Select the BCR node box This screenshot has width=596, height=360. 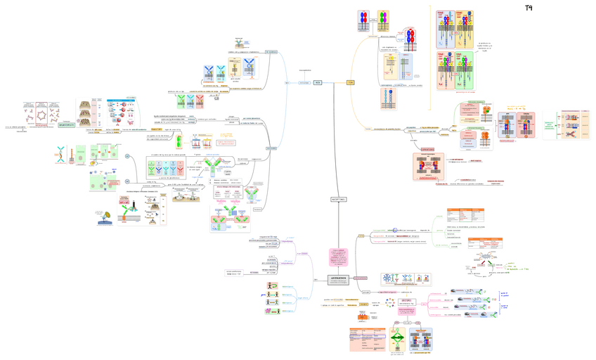(318, 82)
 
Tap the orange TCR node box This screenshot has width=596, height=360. (350, 82)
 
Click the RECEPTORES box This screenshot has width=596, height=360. (338, 199)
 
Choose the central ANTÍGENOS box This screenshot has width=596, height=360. (338, 279)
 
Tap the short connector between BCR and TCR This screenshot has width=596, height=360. (334, 82)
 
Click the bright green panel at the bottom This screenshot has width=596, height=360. (399, 340)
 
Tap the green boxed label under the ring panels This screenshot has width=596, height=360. (67, 125)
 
